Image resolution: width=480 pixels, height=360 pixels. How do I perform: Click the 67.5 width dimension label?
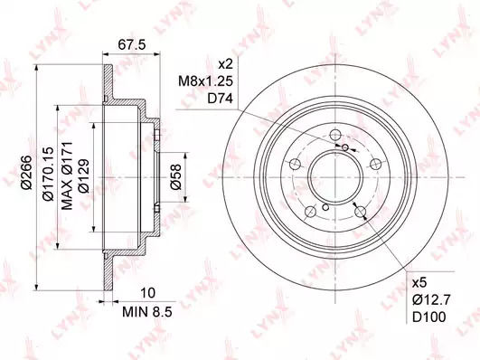tap(132, 44)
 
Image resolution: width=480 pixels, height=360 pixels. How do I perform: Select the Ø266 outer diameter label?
tap(26, 173)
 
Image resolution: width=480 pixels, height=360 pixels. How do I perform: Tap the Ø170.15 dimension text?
tap(48, 174)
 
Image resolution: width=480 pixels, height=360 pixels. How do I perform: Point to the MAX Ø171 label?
tap(67, 175)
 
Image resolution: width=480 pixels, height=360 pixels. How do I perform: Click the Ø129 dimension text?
tap(83, 175)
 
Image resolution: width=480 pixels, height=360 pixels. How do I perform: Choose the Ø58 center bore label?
tap(176, 176)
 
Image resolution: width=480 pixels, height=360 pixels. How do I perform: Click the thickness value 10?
tap(148, 293)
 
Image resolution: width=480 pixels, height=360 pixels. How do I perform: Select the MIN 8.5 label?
tap(147, 312)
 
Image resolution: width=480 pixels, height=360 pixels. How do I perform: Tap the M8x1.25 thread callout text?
tap(206, 81)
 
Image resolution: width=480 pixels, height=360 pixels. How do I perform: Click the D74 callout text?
tap(220, 99)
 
